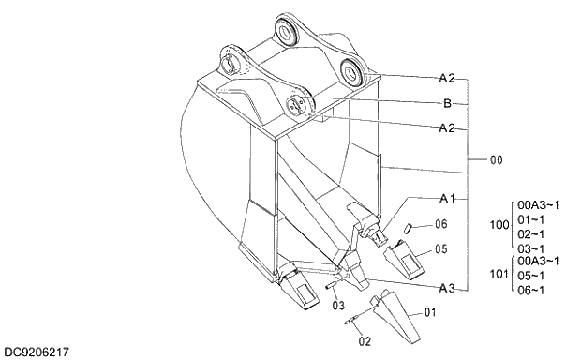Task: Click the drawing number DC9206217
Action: click(37, 352)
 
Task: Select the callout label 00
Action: click(495, 160)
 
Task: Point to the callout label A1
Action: click(447, 199)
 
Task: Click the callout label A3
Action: click(447, 287)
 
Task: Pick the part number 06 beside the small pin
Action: click(441, 224)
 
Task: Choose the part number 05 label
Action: click(441, 250)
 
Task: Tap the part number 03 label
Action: click(338, 306)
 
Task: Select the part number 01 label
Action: click(431, 312)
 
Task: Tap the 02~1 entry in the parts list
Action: click(531, 233)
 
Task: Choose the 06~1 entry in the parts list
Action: click(531, 291)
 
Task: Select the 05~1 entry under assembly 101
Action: click(531, 277)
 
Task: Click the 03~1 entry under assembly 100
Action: click(531, 248)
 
